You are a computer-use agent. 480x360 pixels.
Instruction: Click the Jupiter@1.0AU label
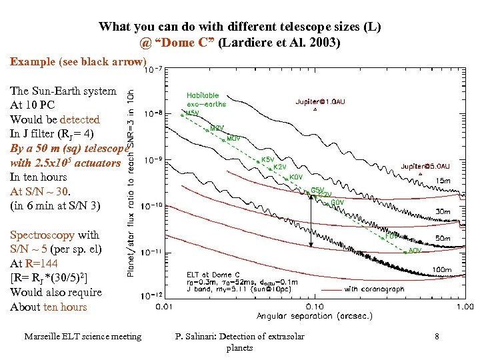321,102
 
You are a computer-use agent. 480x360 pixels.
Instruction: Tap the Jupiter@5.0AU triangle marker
419,174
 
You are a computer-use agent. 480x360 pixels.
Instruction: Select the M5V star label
192,113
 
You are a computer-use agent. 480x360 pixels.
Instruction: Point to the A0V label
415,250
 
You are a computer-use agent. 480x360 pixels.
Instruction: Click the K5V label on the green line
267,160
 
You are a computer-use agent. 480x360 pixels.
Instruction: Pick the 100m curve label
442,269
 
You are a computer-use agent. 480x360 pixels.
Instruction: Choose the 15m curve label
442,181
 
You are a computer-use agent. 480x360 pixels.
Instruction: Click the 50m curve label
442,238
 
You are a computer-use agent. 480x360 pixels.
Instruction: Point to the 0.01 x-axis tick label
165,307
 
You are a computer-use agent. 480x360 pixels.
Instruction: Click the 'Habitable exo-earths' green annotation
206,99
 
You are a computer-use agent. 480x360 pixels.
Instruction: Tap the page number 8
436,337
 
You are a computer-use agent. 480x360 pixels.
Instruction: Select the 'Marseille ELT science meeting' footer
83,337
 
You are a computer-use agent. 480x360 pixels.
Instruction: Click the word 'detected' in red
79,119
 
